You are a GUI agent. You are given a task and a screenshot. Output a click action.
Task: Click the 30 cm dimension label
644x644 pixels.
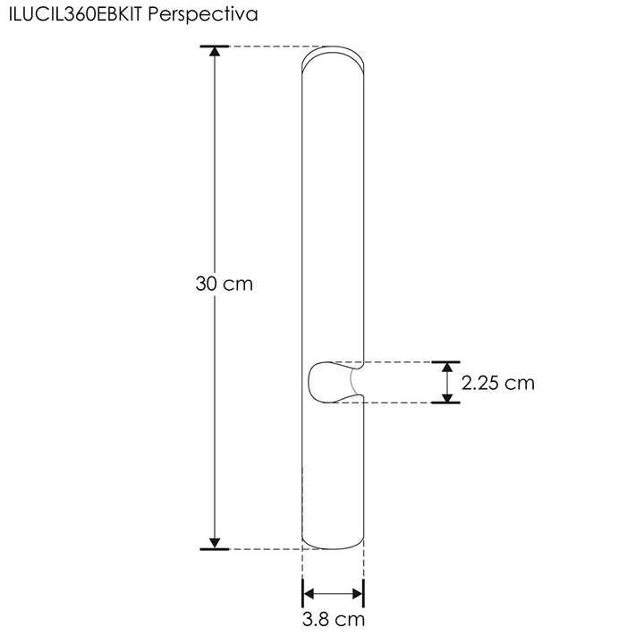pyautogui.click(x=225, y=284)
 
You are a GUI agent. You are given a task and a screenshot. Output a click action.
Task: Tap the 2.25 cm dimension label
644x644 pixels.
pyautogui.click(x=497, y=383)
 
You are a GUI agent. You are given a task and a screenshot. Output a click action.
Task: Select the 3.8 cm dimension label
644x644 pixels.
pyautogui.click(x=333, y=619)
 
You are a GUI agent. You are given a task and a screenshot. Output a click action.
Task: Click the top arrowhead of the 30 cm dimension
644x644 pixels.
pyautogui.click(x=215, y=53)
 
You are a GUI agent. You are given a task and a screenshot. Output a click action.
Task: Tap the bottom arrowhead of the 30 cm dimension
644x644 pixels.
pyautogui.click(x=215, y=542)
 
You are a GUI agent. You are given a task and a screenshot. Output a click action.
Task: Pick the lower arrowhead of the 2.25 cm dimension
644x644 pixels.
pyautogui.click(x=445, y=395)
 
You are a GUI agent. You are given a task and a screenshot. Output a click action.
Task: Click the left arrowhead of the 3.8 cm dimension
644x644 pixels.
pyautogui.click(x=309, y=591)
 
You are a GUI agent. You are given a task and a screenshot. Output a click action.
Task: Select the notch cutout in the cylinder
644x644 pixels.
pyautogui.click(x=333, y=382)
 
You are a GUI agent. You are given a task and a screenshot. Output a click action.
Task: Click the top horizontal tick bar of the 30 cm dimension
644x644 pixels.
pyautogui.click(x=215, y=46)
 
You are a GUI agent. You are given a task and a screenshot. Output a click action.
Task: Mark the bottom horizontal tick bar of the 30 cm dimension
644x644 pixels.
pyautogui.click(x=215, y=548)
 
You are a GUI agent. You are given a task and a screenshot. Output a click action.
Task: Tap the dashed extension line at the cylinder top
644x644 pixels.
pyautogui.click(x=268, y=47)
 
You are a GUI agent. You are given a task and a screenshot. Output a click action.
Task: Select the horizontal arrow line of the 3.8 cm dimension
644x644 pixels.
pyautogui.click(x=333, y=591)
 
